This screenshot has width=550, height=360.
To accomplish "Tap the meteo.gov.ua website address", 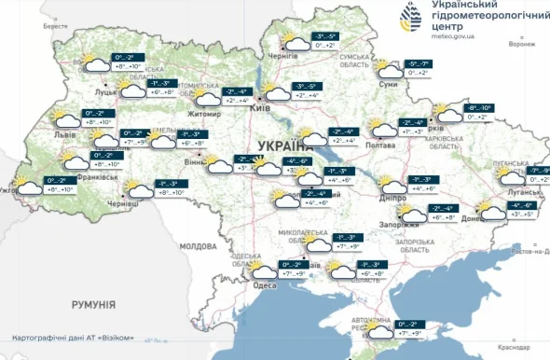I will point(454,37).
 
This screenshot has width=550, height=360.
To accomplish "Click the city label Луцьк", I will point(105,93).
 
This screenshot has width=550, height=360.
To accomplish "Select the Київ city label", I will point(260,109).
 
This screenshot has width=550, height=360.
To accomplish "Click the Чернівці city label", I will point(122,202).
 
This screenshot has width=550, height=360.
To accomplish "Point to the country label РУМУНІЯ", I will point(93,304).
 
